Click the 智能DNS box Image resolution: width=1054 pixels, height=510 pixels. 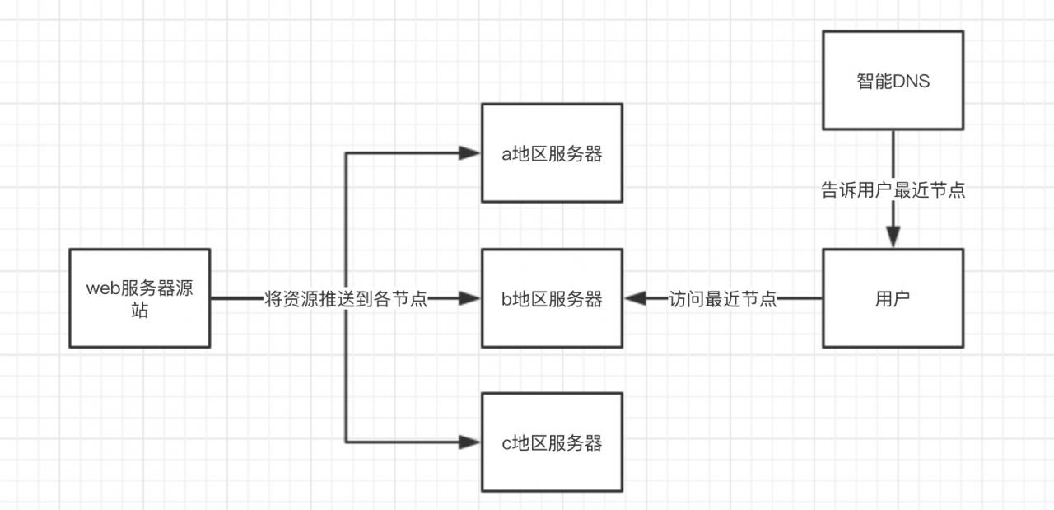(893, 80)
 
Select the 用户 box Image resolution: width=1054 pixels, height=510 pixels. (893, 297)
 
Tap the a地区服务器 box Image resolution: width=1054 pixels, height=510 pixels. (552, 152)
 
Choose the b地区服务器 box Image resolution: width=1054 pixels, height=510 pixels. (552, 297)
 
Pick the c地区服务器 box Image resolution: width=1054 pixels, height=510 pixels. (552, 442)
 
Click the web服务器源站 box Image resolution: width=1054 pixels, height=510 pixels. (139, 297)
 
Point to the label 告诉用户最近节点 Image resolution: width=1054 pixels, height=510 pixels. (893, 190)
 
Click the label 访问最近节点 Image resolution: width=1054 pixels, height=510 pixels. (723, 298)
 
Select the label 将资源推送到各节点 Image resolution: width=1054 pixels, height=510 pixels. (346, 298)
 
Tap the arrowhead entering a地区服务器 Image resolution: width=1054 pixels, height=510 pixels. (471, 152)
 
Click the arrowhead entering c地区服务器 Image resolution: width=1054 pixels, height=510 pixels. (471, 442)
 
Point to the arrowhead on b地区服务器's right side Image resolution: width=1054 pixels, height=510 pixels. (634, 298)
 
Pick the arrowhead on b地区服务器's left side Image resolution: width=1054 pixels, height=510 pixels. (471, 298)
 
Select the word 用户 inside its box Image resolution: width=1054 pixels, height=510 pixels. (893, 299)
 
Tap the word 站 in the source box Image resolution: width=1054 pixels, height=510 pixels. (139, 311)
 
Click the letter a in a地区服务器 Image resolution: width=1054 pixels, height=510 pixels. (506, 155)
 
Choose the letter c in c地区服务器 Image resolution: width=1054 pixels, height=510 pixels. (506, 444)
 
